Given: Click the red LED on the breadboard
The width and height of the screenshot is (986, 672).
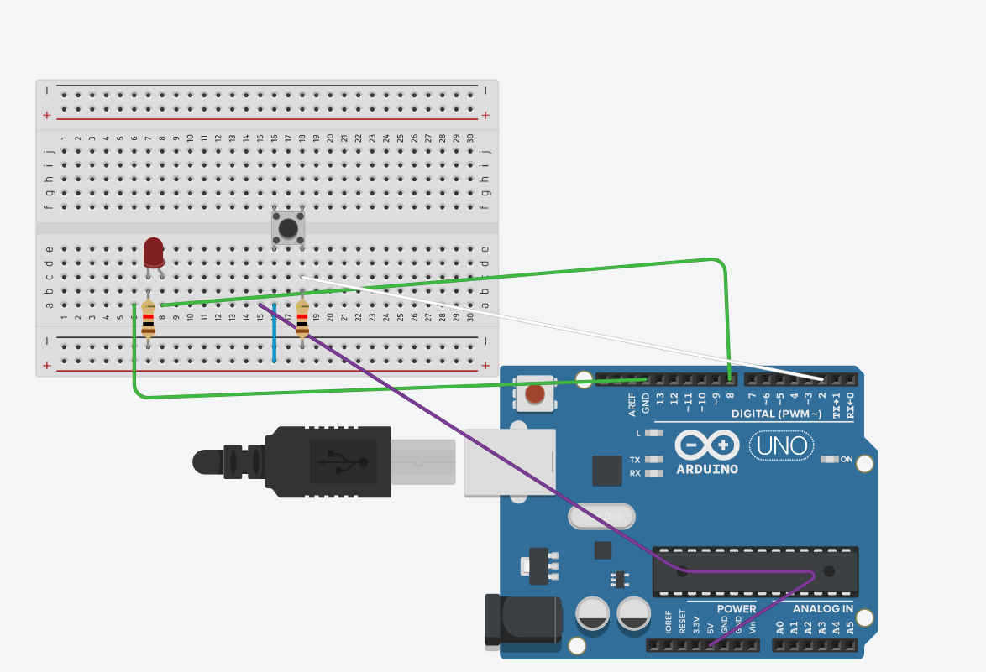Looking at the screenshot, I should (153, 252).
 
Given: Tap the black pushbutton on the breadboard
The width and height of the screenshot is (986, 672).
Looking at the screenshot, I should (287, 228).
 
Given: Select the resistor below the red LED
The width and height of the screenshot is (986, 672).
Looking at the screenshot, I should (149, 318).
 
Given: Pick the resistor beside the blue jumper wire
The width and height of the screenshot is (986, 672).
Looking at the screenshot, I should (302, 318).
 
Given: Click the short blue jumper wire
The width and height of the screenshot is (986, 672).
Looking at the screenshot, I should (275, 334).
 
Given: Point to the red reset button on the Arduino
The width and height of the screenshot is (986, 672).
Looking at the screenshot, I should (534, 393).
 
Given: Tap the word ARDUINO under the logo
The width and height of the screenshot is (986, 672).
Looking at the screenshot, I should (706, 469).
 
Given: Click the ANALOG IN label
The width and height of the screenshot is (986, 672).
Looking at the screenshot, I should (823, 608).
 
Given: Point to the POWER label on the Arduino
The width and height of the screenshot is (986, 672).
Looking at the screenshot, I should (736, 608).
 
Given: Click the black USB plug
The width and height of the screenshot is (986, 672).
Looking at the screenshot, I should (328, 461).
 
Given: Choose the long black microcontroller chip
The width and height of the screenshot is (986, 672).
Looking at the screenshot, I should (755, 571).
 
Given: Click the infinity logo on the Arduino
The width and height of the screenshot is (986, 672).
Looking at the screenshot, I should (707, 445).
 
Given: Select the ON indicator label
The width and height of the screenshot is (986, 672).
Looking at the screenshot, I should (846, 459).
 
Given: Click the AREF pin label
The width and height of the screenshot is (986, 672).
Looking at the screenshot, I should (632, 404).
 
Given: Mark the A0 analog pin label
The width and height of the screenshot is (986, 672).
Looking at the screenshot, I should (780, 627).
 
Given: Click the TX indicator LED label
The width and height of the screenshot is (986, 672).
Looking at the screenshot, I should (635, 459).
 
